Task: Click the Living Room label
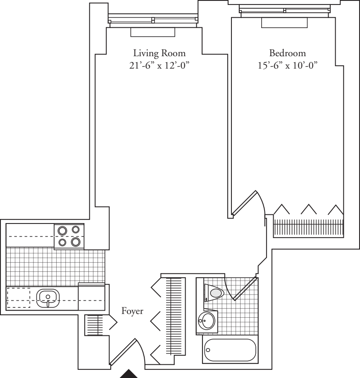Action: point(160,53)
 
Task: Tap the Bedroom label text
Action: point(287,53)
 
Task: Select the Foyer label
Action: point(132,311)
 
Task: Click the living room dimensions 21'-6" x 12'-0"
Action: point(159,65)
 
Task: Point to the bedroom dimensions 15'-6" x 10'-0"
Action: point(287,65)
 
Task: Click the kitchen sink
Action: point(48,298)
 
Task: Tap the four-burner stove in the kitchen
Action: point(69,236)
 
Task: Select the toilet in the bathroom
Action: point(214,292)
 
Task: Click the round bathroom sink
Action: point(206,321)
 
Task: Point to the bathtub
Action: point(230,350)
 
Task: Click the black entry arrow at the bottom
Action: point(129,374)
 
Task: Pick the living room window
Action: point(153,19)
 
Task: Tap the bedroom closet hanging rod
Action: point(308,228)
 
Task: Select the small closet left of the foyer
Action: point(94,325)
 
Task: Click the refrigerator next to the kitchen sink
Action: point(91,297)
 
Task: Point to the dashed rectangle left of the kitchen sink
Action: point(19,298)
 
